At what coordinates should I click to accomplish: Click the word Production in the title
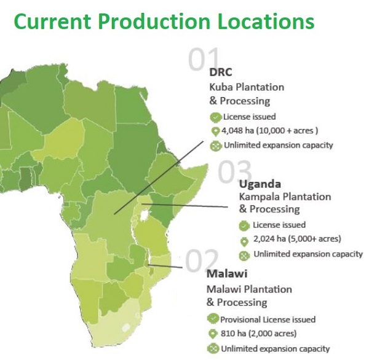click(x=154, y=22)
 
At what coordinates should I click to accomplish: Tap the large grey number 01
click(x=204, y=59)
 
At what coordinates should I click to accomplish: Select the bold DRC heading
click(x=221, y=72)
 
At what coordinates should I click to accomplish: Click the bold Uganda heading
click(x=260, y=184)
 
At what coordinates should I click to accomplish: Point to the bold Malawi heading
click(x=227, y=274)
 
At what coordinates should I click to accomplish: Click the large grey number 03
click(x=234, y=171)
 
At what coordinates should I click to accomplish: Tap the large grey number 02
click(x=202, y=260)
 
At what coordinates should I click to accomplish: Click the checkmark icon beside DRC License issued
click(x=216, y=117)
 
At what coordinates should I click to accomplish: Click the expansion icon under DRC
click(x=216, y=146)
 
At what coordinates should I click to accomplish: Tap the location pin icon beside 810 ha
click(x=213, y=334)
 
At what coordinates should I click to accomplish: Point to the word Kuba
click(x=221, y=87)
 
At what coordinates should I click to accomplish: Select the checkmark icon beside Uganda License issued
click(x=244, y=225)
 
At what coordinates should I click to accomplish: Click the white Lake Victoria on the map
click(x=145, y=216)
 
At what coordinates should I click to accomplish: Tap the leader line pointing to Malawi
click(x=165, y=267)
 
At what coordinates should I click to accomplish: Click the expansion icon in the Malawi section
click(x=213, y=349)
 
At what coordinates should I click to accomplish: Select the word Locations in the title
click(x=266, y=22)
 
